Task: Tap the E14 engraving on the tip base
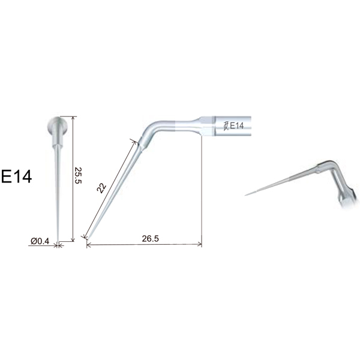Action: click(x=236, y=125)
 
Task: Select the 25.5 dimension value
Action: click(x=78, y=176)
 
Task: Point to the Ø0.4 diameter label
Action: click(x=40, y=241)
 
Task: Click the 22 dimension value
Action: click(x=102, y=188)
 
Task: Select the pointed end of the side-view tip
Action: click(x=88, y=239)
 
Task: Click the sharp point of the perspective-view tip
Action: click(x=247, y=194)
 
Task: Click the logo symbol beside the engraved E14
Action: click(x=225, y=125)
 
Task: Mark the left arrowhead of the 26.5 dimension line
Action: click(x=89, y=245)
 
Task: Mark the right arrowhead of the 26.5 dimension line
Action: click(x=200, y=245)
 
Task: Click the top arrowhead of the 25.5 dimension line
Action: click(x=73, y=119)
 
